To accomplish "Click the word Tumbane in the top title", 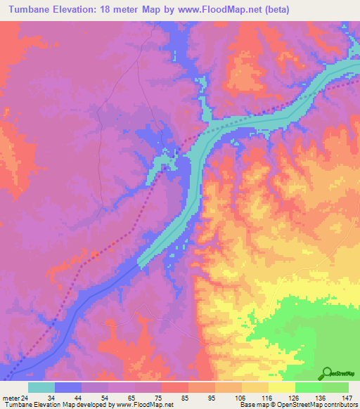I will click(34, 10).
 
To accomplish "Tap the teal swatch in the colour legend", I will click(41, 387).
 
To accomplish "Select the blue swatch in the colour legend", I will click(67, 387).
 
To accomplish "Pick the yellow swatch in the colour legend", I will click(282, 387).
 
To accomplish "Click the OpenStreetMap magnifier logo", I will click(327, 372).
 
